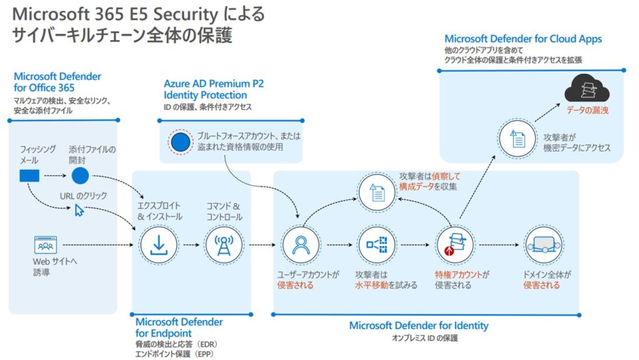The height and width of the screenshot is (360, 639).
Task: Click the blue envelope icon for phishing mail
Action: [29, 176]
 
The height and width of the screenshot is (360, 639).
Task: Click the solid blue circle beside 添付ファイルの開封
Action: [80, 176]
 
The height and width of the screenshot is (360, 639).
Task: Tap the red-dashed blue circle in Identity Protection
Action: [180, 142]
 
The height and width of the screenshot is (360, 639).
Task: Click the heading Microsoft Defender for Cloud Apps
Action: [523, 39]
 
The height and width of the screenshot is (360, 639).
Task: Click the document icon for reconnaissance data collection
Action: [376, 192]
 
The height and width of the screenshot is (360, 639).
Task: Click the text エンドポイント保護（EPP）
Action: [176, 354]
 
